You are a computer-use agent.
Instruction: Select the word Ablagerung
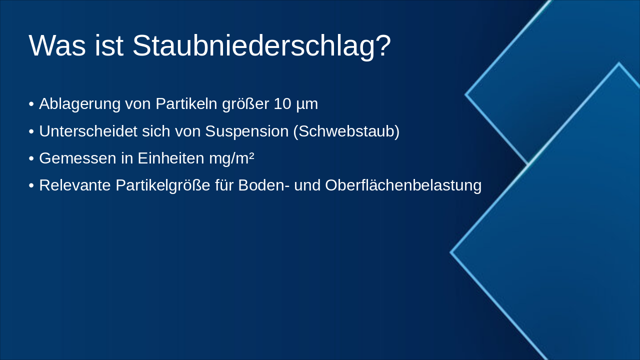(x=79, y=104)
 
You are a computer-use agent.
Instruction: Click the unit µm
(x=307, y=104)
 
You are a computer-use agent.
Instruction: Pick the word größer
(x=245, y=104)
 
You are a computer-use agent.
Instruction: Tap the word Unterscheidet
(x=88, y=131)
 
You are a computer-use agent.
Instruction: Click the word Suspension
(x=246, y=131)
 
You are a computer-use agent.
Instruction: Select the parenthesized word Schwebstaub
(x=346, y=131)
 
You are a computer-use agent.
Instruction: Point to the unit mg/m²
(x=231, y=158)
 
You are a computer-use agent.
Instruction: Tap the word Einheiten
(x=170, y=158)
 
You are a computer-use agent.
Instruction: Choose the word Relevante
(x=75, y=185)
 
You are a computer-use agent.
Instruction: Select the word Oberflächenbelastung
(x=403, y=185)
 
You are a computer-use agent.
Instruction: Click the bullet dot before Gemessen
(x=31, y=158)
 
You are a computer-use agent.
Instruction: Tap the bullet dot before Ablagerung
(x=31, y=104)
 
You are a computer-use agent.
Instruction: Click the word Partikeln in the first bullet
(x=186, y=104)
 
